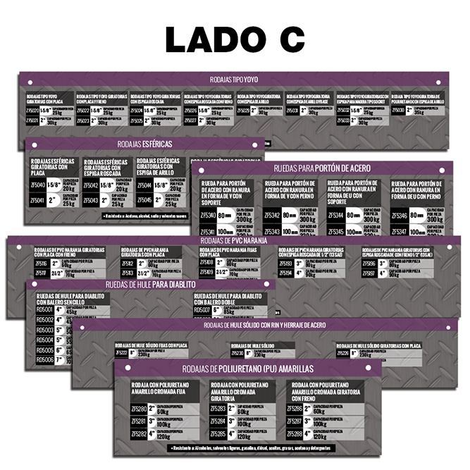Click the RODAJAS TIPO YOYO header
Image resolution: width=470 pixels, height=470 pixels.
click(x=234, y=79)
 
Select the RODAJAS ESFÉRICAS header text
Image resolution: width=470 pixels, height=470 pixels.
click(x=144, y=144)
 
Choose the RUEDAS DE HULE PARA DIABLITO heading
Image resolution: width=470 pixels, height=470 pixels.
click(x=149, y=285)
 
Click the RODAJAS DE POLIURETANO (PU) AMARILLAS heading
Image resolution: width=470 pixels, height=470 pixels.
click(x=247, y=369)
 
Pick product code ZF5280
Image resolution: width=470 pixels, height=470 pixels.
click(x=140, y=409)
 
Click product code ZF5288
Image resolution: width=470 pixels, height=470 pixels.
click(x=295, y=434)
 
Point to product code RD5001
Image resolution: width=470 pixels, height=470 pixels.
click(x=44, y=309)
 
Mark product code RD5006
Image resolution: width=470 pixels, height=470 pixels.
click(x=44, y=359)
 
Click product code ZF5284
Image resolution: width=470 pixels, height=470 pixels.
click(x=218, y=421)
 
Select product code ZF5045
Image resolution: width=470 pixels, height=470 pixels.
click(x=144, y=200)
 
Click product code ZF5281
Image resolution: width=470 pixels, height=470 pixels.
click(x=140, y=421)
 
